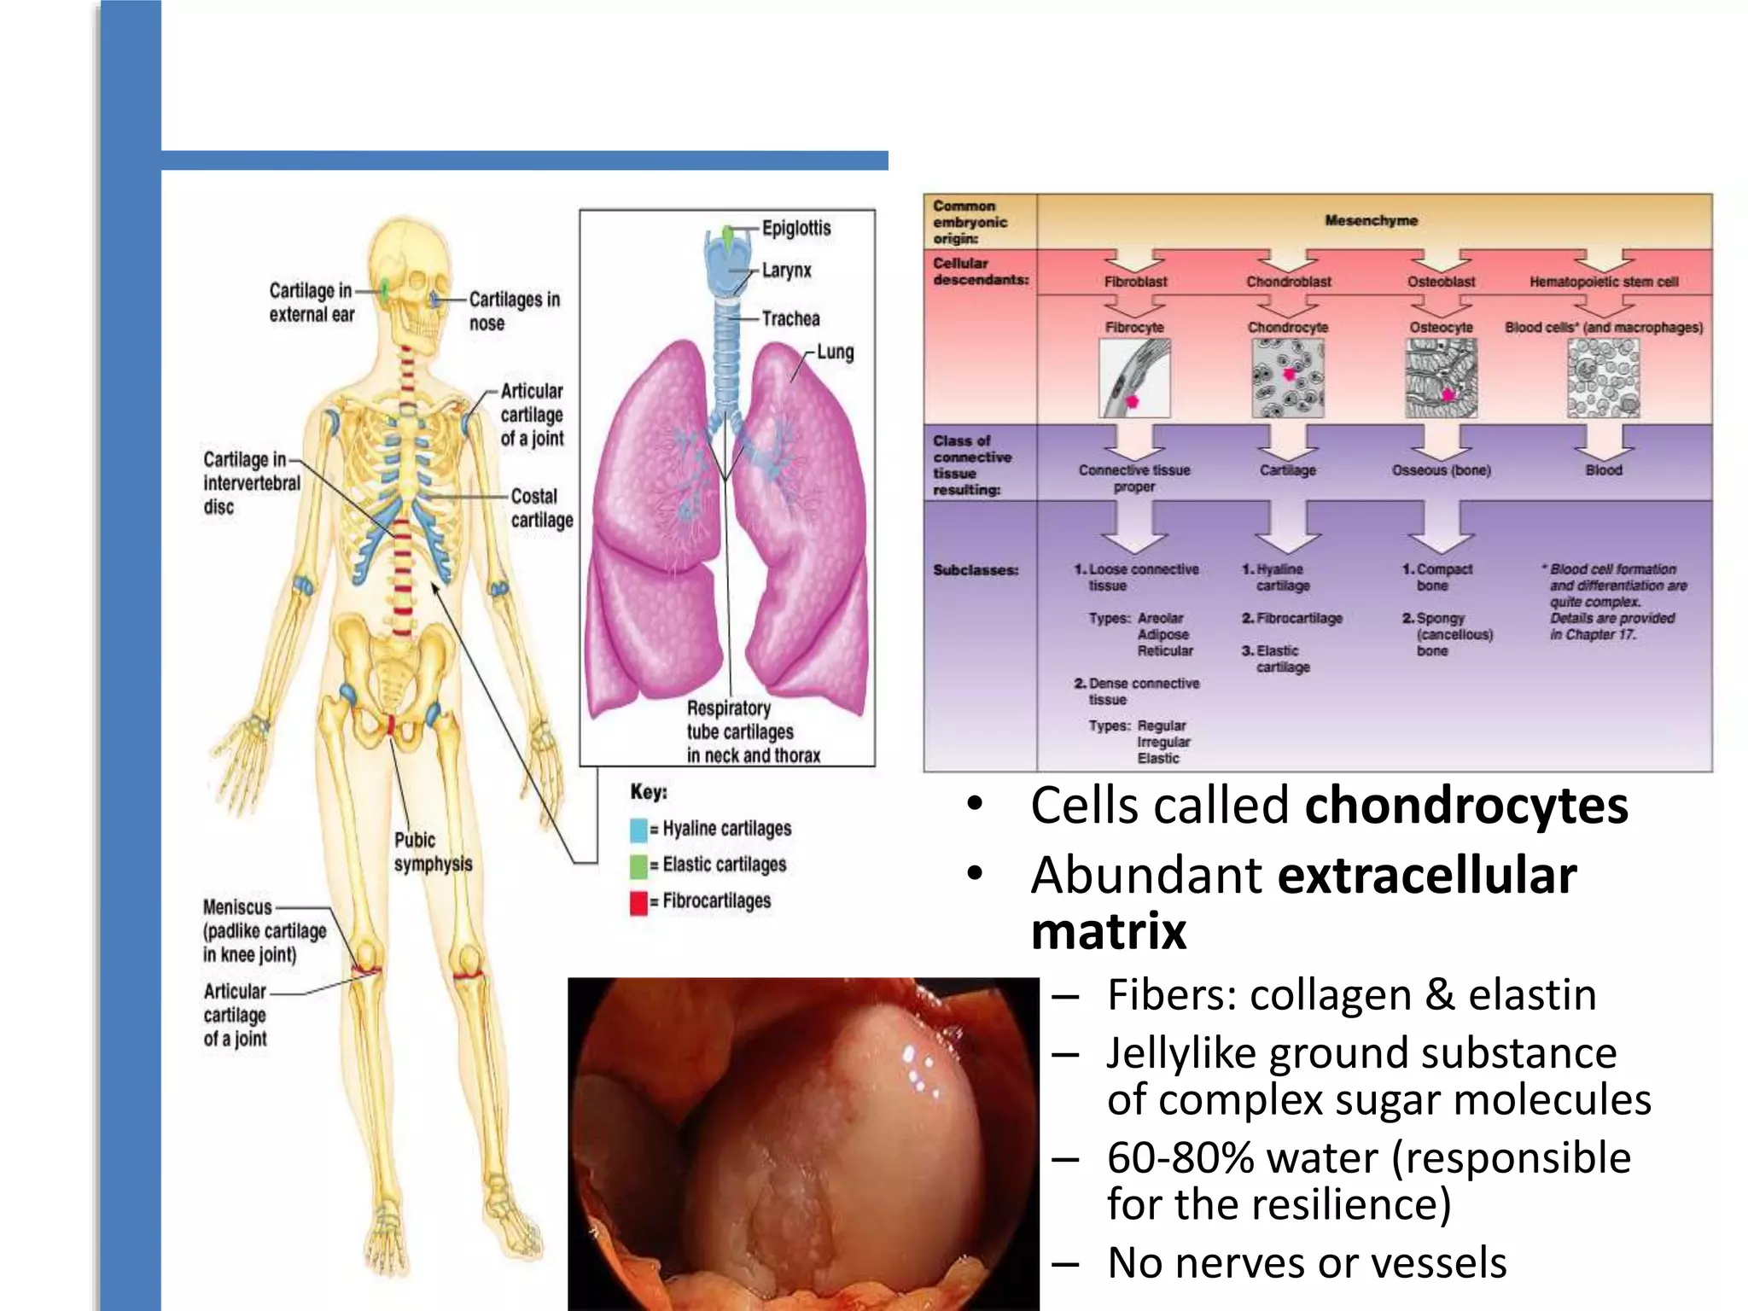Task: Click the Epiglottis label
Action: (x=795, y=228)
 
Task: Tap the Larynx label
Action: (x=786, y=271)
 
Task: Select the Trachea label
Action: (x=790, y=318)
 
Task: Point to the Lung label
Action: (x=835, y=352)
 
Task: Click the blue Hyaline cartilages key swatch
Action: (x=638, y=830)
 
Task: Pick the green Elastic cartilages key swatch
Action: (x=638, y=866)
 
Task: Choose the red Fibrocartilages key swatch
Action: (x=638, y=903)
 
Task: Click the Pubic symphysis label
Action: (x=432, y=852)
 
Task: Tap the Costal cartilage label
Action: (x=541, y=508)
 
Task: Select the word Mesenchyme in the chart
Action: (x=1371, y=220)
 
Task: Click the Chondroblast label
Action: (x=1288, y=282)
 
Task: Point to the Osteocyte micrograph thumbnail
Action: (x=1441, y=378)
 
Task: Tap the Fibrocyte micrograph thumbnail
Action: (x=1134, y=378)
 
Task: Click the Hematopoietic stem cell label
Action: (x=1603, y=282)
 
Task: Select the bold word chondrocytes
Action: (x=1466, y=805)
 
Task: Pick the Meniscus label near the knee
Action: (x=237, y=906)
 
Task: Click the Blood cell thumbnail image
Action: (x=1603, y=378)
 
